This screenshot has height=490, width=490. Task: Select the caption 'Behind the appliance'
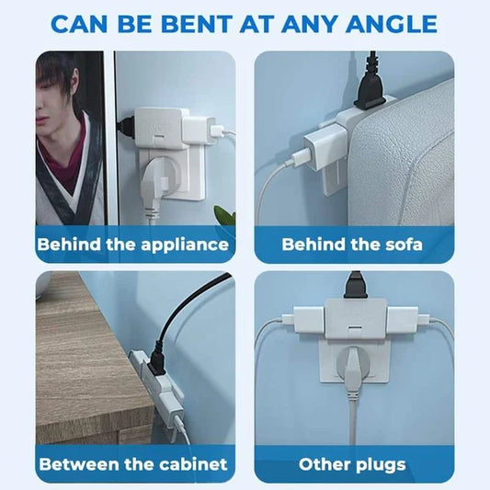[x=133, y=245]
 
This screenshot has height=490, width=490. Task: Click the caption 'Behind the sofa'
[x=353, y=245]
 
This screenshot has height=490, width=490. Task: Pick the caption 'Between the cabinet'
[x=133, y=463]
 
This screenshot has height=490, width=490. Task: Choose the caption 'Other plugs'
[x=353, y=463]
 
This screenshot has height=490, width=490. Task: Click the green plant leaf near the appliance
[x=223, y=217]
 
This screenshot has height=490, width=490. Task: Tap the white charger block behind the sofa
[x=322, y=147]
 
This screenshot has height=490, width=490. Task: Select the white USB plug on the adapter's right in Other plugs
[x=405, y=321]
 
